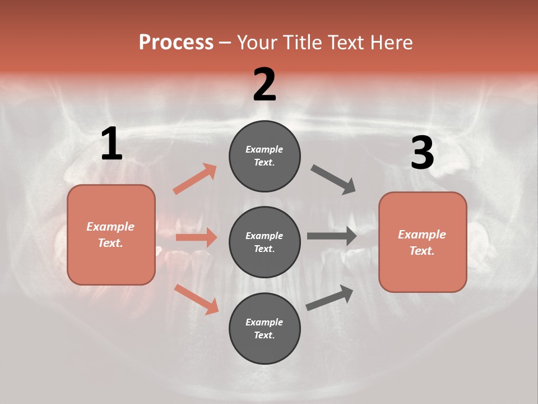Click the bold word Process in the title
[176, 42]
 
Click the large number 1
[112, 144]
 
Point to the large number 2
[265, 84]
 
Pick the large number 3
[422, 153]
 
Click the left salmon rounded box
[111, 235]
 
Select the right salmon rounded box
[423, 242]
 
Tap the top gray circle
[265, 156]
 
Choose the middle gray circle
[265, 242]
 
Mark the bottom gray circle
[265, 329]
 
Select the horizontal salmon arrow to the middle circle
[196, 237]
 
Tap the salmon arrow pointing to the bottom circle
[196, 299]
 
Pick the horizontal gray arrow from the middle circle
[332, 236]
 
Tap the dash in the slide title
[225, 43]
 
